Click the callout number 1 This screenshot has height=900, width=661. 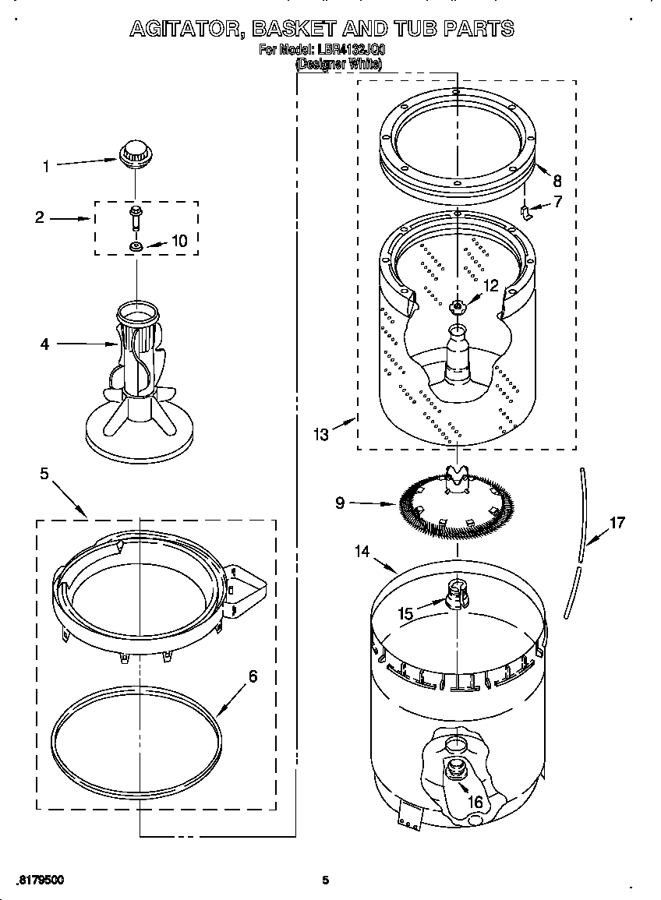46,166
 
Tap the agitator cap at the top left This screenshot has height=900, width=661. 135,151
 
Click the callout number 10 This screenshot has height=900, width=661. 179,242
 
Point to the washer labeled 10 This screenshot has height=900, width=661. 136,247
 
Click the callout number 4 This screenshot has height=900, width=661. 45,343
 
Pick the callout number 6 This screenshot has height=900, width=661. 252,676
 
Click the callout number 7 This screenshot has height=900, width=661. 557,203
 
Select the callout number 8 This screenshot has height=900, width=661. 557,179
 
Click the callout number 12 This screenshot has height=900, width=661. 490,286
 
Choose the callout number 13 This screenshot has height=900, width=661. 322,435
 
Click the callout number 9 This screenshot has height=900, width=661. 340,503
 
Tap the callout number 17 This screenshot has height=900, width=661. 617,523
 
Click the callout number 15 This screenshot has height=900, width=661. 406,613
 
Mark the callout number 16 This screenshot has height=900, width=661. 474,802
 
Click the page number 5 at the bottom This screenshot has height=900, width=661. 326,881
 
